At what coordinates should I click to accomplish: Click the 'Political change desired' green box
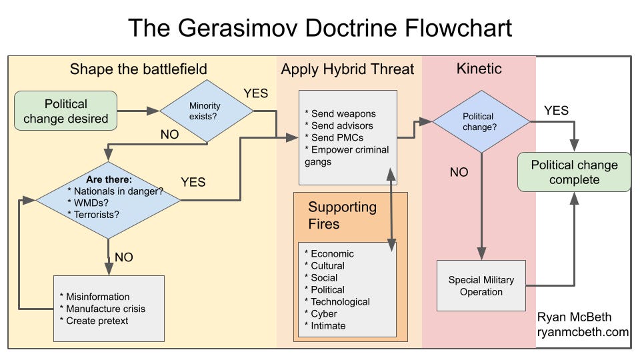click(x=66, y=111)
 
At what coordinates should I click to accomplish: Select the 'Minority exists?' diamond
click(x=205, y=111)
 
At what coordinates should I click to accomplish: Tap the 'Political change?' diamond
click(x=480, y=121)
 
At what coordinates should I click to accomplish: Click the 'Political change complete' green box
click(x=574, y=172)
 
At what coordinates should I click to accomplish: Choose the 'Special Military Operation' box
click(x=481, y=286)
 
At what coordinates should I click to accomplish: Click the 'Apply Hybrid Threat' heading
click(x=347, y=69)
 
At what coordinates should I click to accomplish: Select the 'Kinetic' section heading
click(x=479, y=69)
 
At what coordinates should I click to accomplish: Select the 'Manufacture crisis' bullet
click(x=105, y=309)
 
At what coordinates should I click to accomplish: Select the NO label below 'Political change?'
click(x=459, y=172)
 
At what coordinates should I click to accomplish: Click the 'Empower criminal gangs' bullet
click(x=347, y=155)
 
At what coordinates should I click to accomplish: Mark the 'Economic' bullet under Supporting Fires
click(x=332, y=253)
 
